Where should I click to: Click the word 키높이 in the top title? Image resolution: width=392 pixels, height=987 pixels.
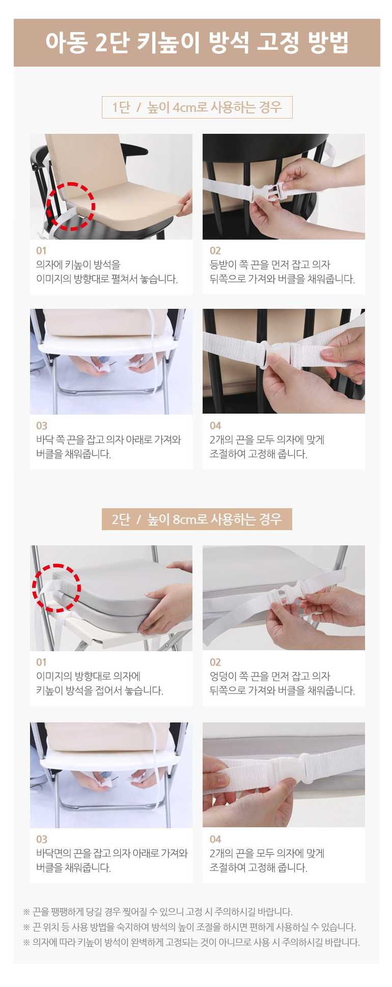(x=169, y=43)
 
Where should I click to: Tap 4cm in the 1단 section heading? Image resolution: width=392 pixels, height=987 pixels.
(x=184, y=108)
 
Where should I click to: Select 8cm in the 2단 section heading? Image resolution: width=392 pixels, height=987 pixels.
(x=184, y=519)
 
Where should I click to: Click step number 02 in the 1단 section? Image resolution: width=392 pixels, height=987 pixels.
(x=215, y=250)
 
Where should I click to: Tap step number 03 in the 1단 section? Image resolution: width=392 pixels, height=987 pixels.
(x=42, y=425)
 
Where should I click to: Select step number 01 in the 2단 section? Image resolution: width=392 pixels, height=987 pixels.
(x=41, y=662)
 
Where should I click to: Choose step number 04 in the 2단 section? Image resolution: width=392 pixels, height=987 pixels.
(x=215, y=839)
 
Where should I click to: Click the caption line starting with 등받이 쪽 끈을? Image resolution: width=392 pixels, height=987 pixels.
(x=270, y=265)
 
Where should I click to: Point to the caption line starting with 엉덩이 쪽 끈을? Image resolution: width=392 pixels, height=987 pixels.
(x=270, y=676)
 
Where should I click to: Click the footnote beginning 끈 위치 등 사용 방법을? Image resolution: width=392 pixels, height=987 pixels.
(x=194, y=927)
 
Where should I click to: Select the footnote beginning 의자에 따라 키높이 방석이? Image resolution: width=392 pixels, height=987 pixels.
(x=196, y=942)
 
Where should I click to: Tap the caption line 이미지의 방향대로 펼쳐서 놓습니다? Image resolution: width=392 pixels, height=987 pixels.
(x=107, y=279)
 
